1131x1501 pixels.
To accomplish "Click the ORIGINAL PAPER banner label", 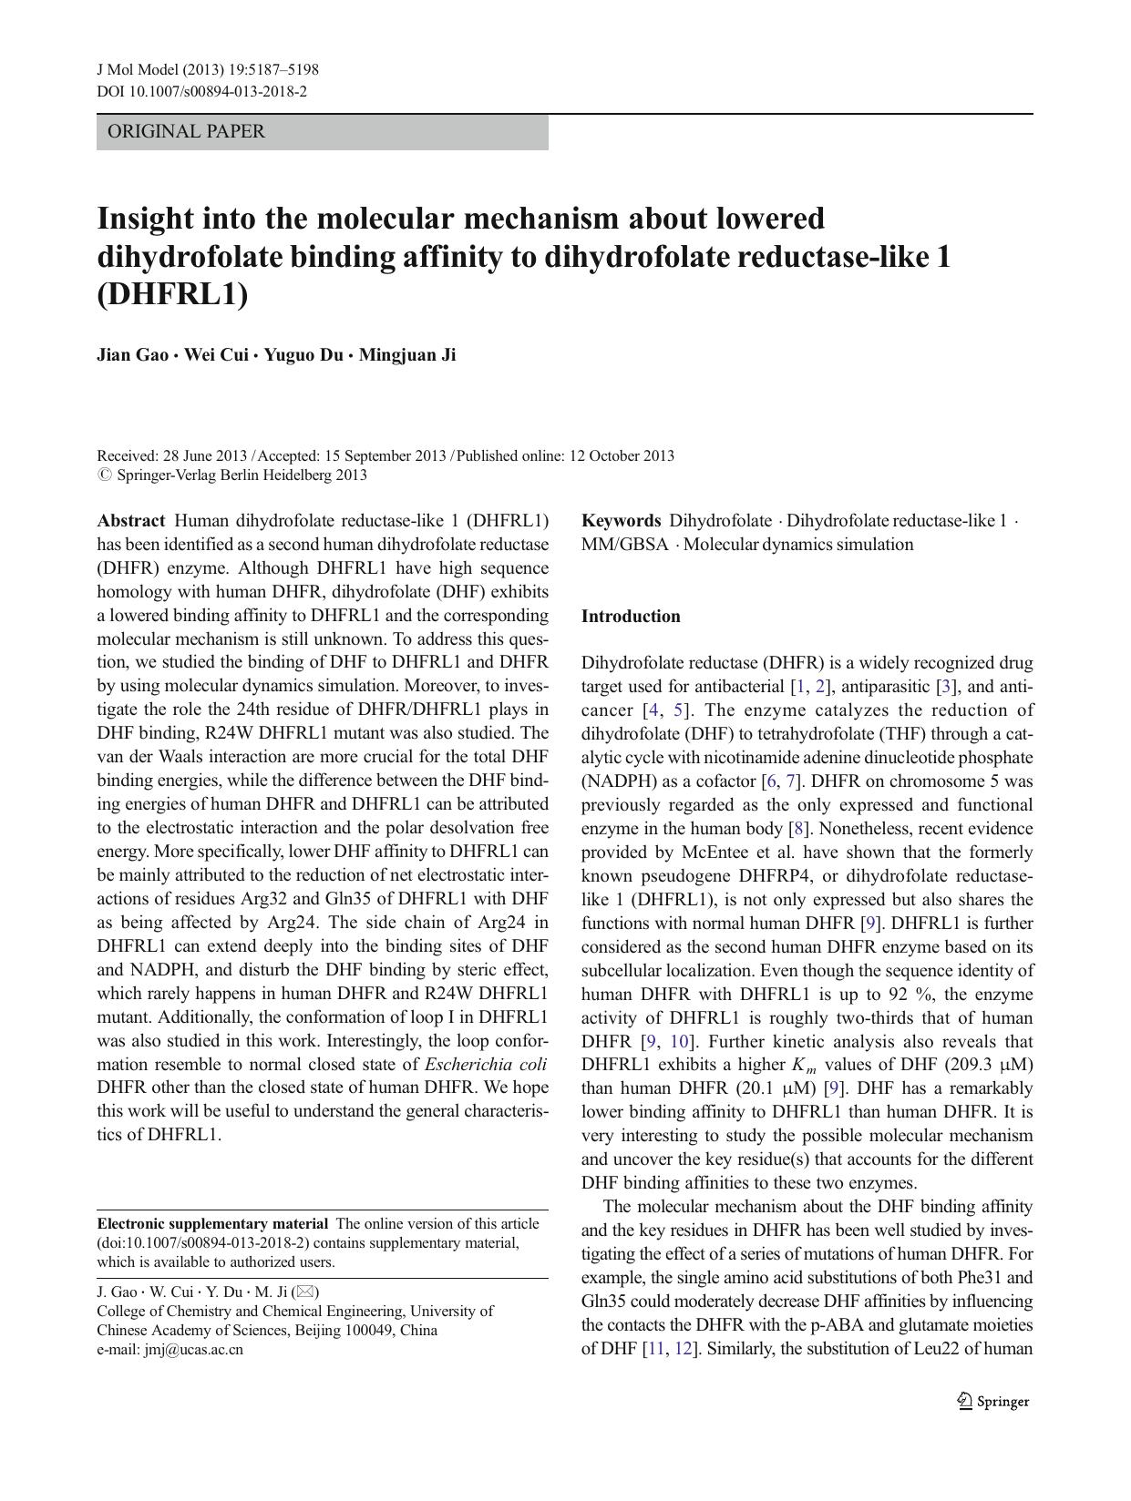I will pyautogui.click(x=186, y=131).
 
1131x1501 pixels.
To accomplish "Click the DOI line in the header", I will pyautogui.click(x=201, y=91).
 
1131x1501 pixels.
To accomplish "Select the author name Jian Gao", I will pyautogui.click(x=132, y=354).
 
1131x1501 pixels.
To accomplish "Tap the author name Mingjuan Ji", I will pyautogui.click(x=406, y=354).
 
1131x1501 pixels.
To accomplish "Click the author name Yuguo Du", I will pyautogui.click(x=303, y=354).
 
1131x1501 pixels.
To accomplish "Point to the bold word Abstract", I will pyautogui.click(x=131, y=521).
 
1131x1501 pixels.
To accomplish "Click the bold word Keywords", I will pyautogui.click(x=621, y=521).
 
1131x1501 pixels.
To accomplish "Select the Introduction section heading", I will pyautogui.click(x=631, y=617).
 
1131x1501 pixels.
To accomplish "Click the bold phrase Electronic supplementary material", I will pyautogui.click(x=212, y=1224).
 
